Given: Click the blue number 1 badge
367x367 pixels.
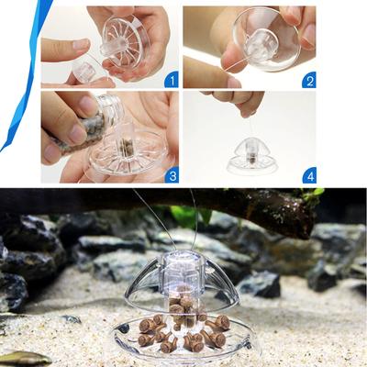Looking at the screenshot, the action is (172, 81).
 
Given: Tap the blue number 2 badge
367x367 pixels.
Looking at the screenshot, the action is (309, 81).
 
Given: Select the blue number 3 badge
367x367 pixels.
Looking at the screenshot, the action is (172, 175).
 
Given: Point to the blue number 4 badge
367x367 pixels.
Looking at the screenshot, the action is (309, 175).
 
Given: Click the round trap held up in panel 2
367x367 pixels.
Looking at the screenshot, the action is (264, 39).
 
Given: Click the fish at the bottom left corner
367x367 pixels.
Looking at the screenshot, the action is (23, 359).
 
